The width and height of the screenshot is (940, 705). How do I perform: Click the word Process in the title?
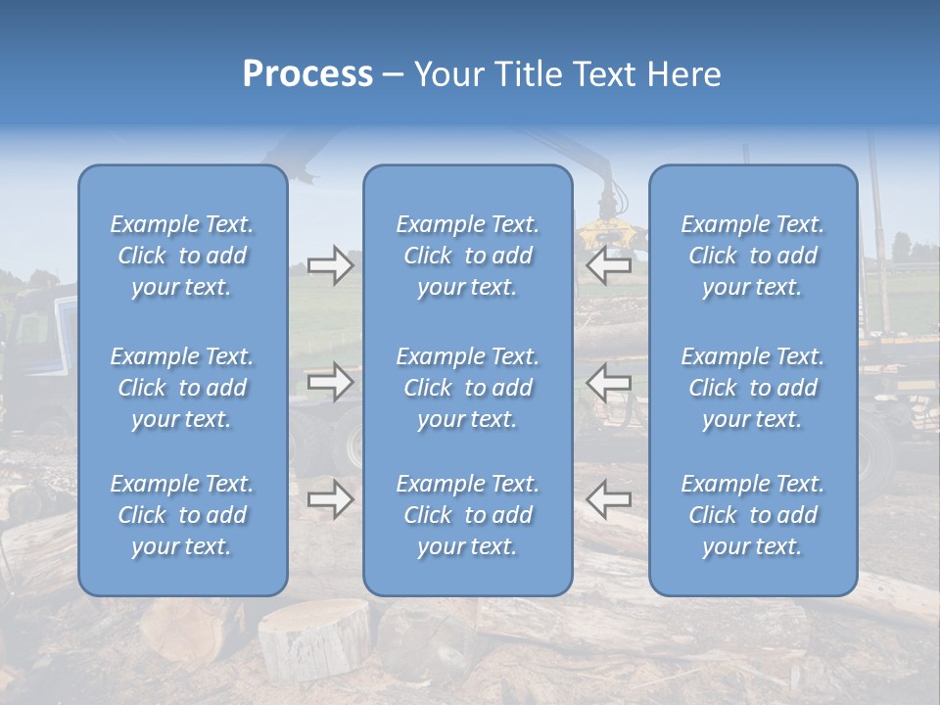tap(307, 74)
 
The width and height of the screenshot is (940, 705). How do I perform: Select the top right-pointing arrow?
tap(330, 265)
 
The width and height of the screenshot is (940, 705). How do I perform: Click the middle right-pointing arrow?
tap(330, 381)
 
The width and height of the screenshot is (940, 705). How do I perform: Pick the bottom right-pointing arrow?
tap(330, 498)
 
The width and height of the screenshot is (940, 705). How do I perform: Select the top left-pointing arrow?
tap(608, 263)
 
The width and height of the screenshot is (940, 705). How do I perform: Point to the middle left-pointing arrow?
tap(608, 381)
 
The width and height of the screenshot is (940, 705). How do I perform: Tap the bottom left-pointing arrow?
tap(608, 498)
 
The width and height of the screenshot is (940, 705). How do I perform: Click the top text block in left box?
tap(182, 256)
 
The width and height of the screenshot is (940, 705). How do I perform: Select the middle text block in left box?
tap(182, 388)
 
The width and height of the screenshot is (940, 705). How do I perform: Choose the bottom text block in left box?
tap(182, 515)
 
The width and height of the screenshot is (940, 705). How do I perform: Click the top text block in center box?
tap(467, 256)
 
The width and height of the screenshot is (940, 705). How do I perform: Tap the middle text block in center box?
tap(467, 388)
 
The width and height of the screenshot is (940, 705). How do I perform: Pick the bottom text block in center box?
tap(467, 515)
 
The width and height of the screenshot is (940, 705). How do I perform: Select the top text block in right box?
tap(752, 256)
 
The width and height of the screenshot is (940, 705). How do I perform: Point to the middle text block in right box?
tap(752, 388)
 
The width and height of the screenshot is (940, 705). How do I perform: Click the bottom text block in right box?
tap(752, 515)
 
